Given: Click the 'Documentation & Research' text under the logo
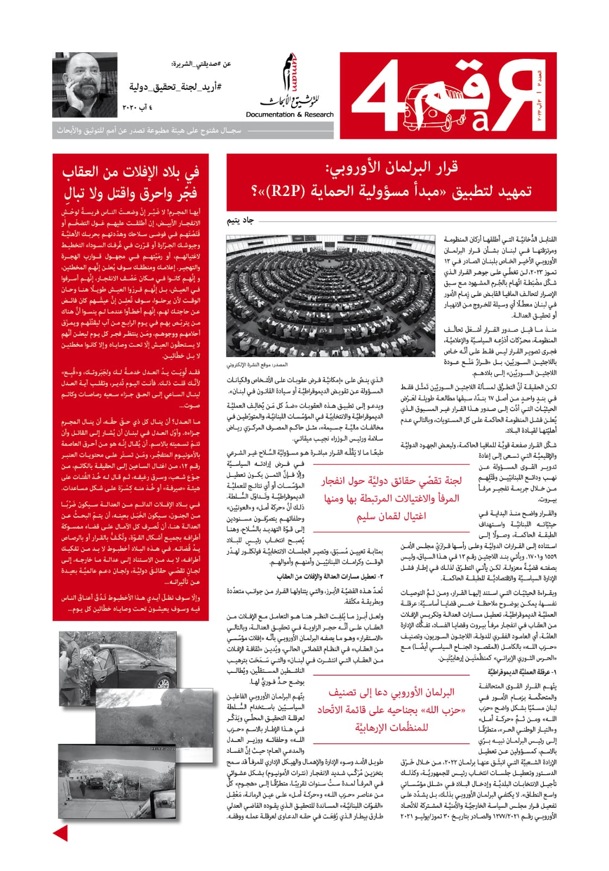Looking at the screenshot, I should tap(290, 115).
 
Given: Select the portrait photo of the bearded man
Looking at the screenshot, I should tap(85, 85).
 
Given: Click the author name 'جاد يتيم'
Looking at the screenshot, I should tap(241, 220).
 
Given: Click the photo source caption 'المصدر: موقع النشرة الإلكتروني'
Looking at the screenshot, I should tap(257, 365).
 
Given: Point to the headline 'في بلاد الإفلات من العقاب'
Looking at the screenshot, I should tap(131, 172).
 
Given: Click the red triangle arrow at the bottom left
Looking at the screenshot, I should tap(60, 832).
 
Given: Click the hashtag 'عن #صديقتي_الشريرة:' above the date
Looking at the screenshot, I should tap(201, 64).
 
